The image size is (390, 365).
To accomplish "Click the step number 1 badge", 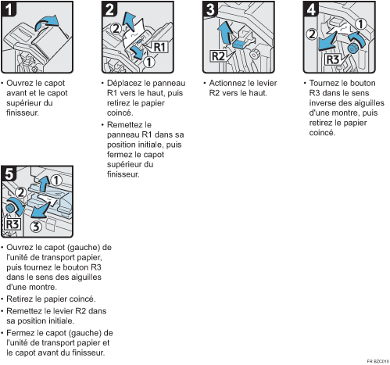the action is click(9, 9).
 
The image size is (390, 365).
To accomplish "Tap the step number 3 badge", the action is click(210, 9).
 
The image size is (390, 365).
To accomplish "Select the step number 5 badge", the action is click(9, 174).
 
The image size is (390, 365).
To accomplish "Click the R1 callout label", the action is click(159, 47).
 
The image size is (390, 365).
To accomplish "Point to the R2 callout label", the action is click(218, 56).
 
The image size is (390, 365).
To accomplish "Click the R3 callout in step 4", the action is click(333, 59).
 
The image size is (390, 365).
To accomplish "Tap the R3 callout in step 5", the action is click(13, 224).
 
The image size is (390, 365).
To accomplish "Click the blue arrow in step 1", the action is click(47, 23).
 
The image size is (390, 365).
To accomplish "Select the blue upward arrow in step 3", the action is click(225, 32).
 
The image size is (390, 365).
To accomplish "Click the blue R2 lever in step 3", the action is click(239, 44).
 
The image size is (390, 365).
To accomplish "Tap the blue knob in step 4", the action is click(352, 48).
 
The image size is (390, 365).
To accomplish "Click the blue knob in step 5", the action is click(10, 208).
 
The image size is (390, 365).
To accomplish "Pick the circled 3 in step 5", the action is click(36, 227).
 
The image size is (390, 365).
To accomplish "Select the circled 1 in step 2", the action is click(149, 62).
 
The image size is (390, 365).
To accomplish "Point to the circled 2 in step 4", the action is click(312, 34).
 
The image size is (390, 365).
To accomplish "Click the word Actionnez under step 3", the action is click(227, 83).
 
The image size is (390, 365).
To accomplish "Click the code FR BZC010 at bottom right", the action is click(377, 361).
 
